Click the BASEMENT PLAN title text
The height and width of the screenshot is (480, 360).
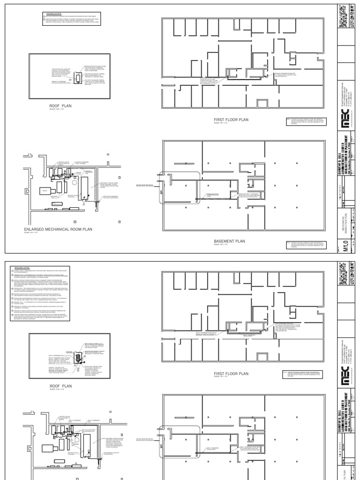(229, 241)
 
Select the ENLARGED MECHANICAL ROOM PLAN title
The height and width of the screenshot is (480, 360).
(58, 229)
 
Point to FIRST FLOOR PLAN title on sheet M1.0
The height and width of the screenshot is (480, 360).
(231, 120)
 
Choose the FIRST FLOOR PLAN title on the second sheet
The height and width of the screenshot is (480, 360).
(231, 374)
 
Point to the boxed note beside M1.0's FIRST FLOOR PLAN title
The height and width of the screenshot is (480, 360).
(305, 122)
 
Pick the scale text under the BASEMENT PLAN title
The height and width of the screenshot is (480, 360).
(220, 245)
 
